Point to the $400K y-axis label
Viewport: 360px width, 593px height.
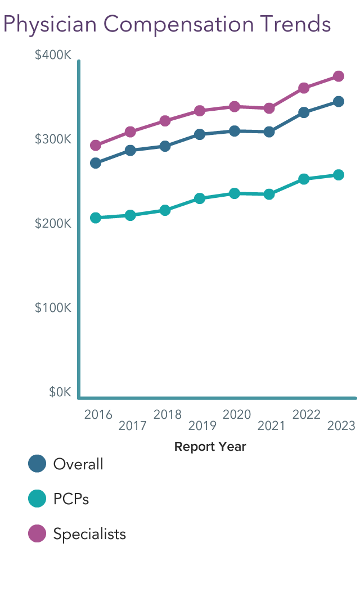coord(53,55)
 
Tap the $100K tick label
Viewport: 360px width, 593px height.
coord(53,308)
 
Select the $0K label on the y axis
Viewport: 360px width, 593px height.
coord(60,392)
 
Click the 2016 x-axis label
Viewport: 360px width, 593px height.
coord(98,415)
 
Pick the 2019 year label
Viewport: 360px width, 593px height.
coord(202,426)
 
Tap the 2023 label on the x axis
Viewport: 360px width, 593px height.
coord(341,426)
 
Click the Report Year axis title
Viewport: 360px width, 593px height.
coord(210,447)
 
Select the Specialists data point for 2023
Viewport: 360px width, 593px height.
coord(339,76)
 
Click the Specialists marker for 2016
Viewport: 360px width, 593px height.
coord(96,146)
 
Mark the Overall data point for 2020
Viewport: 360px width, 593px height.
coord(235,131)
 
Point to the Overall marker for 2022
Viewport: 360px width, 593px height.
coord(304,112)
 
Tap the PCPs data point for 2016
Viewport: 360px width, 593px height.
coord(96,218)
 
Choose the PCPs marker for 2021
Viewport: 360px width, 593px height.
coord(269,194)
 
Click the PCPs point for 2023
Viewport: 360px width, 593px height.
coord(339,175)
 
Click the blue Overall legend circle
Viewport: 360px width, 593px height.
coord(37,464)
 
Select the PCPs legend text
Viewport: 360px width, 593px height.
coord(71,499)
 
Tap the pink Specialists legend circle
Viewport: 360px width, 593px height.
coord(37,533)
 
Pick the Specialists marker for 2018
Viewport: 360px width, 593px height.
coord(165,121)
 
